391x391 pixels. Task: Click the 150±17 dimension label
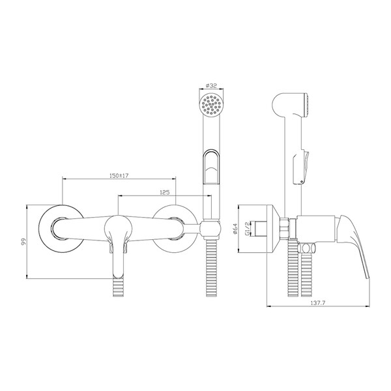(119, 175)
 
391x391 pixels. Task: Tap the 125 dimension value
(165, 192)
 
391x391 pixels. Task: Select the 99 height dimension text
(23, 242)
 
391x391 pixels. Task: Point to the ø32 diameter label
(211, 85)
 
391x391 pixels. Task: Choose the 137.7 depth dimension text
(318, 303)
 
